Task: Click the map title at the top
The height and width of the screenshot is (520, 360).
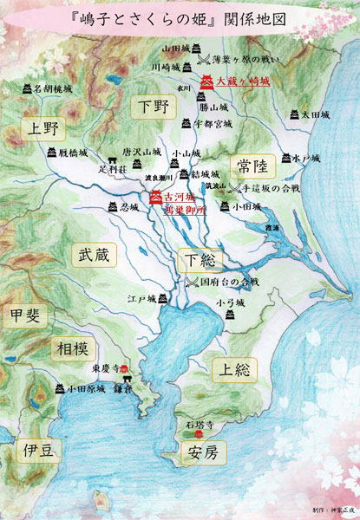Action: click(x=180, y=17)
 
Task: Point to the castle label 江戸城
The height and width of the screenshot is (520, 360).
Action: click(x=141, y=299)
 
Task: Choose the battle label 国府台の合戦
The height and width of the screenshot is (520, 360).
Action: click(x=229, y=282)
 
